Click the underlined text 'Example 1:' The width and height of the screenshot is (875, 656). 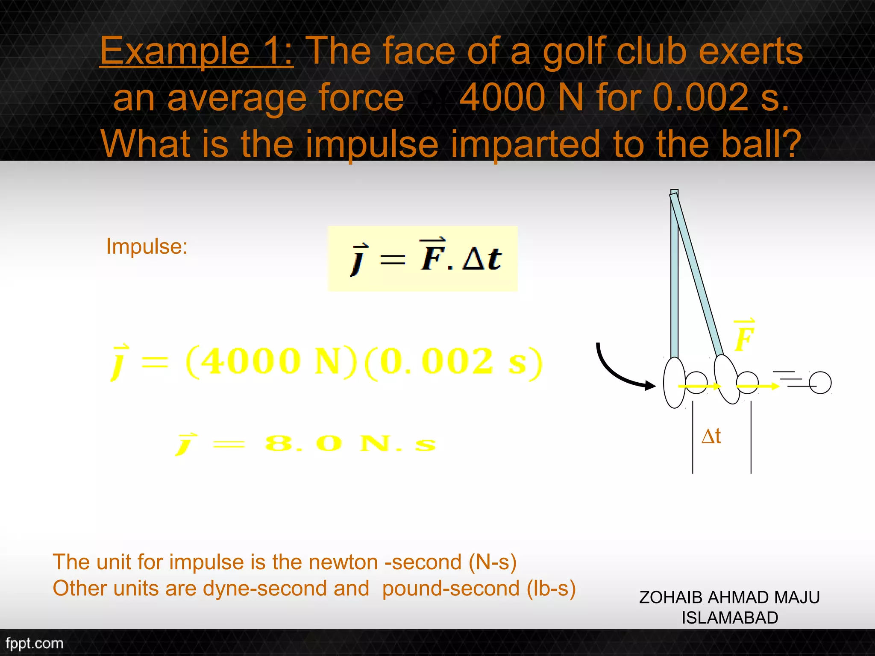197,51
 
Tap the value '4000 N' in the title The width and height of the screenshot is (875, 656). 521,97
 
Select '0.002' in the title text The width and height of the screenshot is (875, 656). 701,97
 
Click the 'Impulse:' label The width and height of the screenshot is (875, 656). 147,246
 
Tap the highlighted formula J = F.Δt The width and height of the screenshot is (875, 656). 423,258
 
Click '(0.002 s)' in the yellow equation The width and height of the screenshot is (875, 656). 454,362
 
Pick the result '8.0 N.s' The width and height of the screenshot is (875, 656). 350,443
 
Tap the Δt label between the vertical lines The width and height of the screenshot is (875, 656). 711,436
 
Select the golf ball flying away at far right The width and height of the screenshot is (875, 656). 820,382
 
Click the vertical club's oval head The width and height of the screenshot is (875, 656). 674,382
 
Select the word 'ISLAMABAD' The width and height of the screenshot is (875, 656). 730,618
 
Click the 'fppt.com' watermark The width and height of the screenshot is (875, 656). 34,643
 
